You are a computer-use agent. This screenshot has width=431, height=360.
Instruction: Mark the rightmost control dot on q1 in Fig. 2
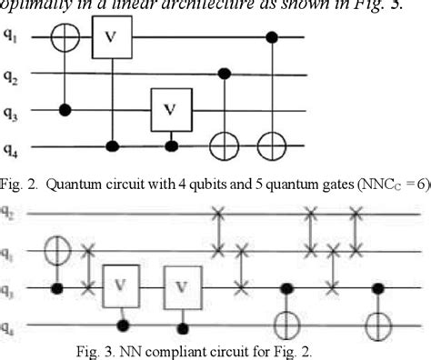click(271, 38)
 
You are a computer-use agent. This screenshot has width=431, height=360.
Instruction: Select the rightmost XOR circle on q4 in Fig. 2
click(271, 145)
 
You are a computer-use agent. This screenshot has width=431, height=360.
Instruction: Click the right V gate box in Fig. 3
click(182, 288)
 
